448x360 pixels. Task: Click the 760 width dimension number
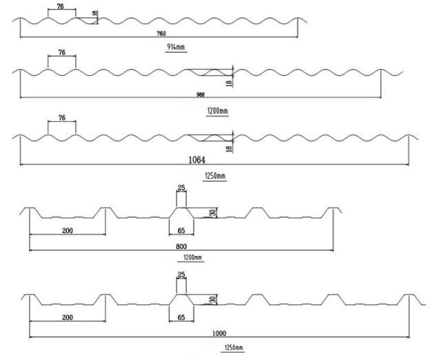pyautogui.click(x=161, y=34)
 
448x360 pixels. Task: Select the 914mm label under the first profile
pyautogui.click(x=176, y=47)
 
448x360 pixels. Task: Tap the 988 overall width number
pyautogui.click(x=201, y=94)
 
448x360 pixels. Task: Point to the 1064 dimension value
pyautogui.click(x=197, y=160)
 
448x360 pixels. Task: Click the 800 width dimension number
pyautogui.click(x=181, y=246)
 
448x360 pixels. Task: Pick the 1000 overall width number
pyautogui.click(x=219, y=333)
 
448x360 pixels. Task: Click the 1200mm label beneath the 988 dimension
pyautogui.click(x=217, y=110)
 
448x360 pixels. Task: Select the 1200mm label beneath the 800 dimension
pyautogui.click(x=192, y=257)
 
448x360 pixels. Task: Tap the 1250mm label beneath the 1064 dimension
pyautogui.click(x=215, y=176)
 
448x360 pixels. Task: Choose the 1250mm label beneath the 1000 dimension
pyautogui.click(x=234, y=348)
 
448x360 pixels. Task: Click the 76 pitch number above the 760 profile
pyautogui.click(x=60, y=6)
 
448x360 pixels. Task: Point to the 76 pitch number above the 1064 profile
pyautogui.click(x=62, y=117)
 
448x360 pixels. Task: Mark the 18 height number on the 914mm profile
pyautogui.click(x=95, y=13)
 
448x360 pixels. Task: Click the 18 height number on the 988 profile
pyautogui.click(x=230, y=83)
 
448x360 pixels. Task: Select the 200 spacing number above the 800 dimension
pyautogui.click(x=68, y=230)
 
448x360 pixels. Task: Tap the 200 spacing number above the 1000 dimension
pyautogui.click(x=68, y=317)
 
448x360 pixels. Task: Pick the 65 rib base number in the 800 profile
pyautogui.click(x=181, y=230)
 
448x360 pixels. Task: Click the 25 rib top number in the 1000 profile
pyautogui.click(x=181, y=274)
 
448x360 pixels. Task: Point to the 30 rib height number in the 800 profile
pyautogui.click(x=212, y=212)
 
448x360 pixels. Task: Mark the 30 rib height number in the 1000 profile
pyautogui.click(x=212, y=300)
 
